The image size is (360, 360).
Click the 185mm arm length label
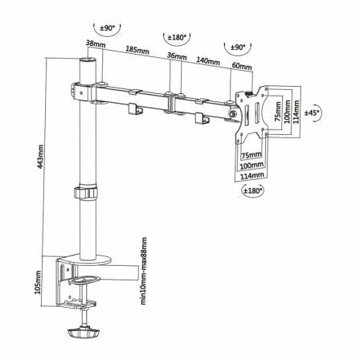coord(137,51)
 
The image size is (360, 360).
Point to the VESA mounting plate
coord(250,117)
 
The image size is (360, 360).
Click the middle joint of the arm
coord(171,104)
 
